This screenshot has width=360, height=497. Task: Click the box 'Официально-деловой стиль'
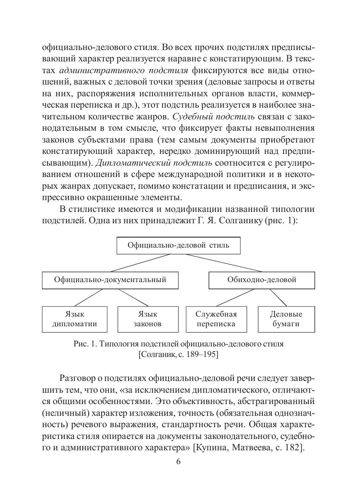[178, 245]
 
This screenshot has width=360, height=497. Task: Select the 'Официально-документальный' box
[110, 280]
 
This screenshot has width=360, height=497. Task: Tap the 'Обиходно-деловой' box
[262, 280]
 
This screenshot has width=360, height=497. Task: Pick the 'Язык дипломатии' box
[74, 319]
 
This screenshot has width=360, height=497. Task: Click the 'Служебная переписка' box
[216, 319]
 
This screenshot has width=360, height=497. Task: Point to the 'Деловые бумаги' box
[286, 319]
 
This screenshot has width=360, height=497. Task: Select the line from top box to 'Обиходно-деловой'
[223, 263]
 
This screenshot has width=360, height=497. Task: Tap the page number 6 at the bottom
[178, 462]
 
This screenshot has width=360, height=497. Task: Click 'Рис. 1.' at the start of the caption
[85, 344]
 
